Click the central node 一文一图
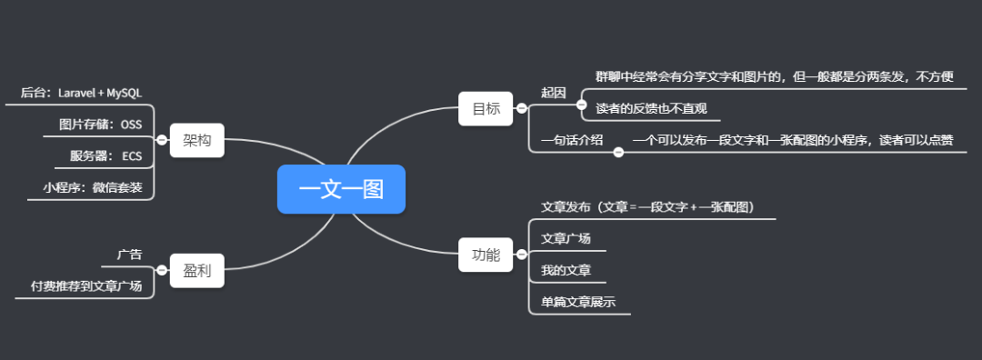pos(341,189)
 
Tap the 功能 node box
pos(486,255)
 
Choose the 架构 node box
pos(196,140)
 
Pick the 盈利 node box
pos(196,270)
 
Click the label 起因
pos(553,93)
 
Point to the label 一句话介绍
pos(571,140)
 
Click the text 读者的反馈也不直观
pos(651,109)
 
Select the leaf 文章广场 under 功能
pos(566,238)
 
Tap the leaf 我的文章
pos(566,270)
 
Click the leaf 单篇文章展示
pos(578,302)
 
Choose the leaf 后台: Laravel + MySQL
pos(81,93)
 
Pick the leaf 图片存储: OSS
pos(100,124)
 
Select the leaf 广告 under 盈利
pos(129,254)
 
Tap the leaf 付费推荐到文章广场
pos(86,285)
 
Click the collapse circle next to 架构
pos(162,140)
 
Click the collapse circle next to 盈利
pos(162,270)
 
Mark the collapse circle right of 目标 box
pos(521,108)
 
